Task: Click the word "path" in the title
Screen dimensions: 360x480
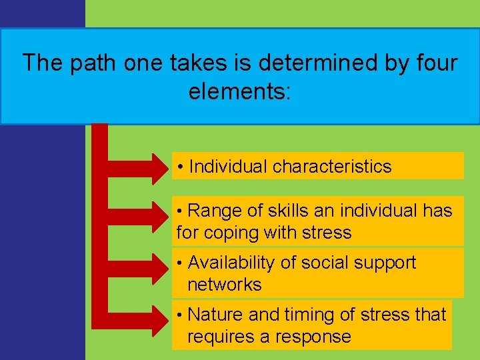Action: point(88,63)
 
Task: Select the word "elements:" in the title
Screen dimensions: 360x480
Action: point(240,91)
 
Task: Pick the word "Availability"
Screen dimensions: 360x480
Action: point(231,263)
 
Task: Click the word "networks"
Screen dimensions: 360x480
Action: point(225,285)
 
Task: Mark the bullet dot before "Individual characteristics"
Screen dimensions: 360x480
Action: point(181,167)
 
